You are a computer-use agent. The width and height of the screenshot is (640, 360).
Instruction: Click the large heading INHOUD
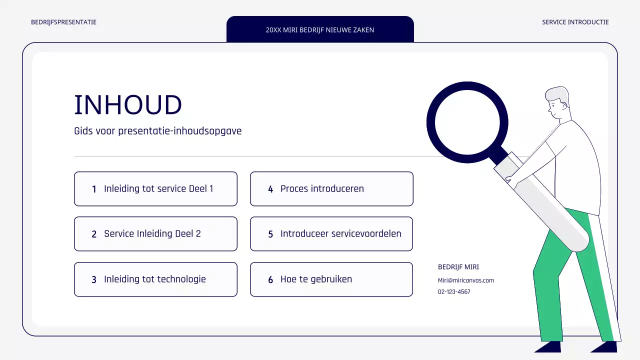pyautogui.click(x=128, y=105)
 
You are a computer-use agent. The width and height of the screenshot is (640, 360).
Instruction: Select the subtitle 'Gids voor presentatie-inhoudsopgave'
pyautogui.click(x=157, y=131)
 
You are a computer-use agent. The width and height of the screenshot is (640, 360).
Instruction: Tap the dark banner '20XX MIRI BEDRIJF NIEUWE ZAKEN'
pyautogui.click(x=320, y=29)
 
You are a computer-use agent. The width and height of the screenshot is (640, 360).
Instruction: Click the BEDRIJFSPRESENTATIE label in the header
pyautogui.click(x=63, y=22)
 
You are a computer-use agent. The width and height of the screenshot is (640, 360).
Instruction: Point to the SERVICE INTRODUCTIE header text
pyautogui.click(x=575, y=22)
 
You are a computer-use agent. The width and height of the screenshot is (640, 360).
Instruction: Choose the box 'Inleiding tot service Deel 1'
pyautogui.click(x=155, y=189)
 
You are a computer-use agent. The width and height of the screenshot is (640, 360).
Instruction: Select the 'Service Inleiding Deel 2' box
pyautogui.click(x=155, y=234)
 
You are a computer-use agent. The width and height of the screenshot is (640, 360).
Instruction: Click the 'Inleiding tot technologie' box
pyautogui.click(x=155, y=279)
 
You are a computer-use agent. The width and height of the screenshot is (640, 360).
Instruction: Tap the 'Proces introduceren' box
pyautogui.click(x=331, y=189)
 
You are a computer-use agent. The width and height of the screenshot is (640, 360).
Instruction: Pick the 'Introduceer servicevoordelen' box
pyautogui.click(x=331, y=234)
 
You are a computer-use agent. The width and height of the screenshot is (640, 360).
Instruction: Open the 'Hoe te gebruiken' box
pyautogui.click(x=331, y=279)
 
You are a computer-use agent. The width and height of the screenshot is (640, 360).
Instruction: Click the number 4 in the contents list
pyautogui.click(x=270, y=189)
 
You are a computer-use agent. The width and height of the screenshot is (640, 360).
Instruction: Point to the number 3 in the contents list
pyautogui.click(x=94, y=280)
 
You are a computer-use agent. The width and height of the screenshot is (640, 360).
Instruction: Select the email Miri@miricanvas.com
pyautogui.click(x=465, y=280)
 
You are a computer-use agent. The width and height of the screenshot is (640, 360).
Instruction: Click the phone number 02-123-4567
pyautogui.click(x=454, y=292)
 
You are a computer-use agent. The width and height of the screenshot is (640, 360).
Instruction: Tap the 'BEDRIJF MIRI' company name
pyautogui.click(x=458, y=267)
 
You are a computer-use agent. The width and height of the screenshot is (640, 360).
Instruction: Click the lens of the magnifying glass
pyautogui.click(x=467, y=122)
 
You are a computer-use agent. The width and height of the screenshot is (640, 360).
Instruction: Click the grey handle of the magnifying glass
pyautogui.click(x=545, y=205)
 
